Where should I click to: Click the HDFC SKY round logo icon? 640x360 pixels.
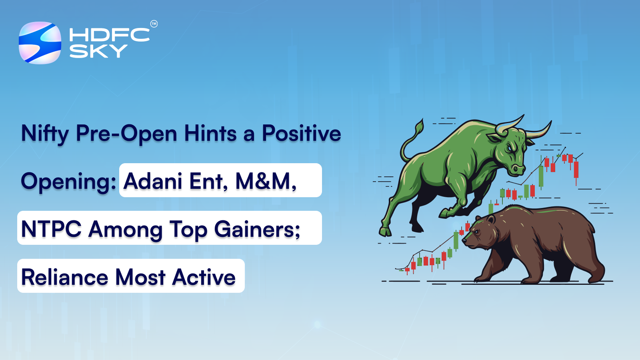click(40, 43)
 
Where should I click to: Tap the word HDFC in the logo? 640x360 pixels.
click(109, 35)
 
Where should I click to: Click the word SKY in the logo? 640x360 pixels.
click(98, 51)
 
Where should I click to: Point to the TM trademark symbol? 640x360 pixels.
click(154, 24)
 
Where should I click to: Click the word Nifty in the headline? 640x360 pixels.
click(45, 134)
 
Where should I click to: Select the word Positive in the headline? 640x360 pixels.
click(301, 133)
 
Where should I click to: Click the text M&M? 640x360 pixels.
click(266, 181)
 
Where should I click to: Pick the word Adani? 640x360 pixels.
click(153, 181)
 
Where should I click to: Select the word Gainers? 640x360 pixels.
click(257, 229)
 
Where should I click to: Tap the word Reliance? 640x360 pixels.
click(64, 277)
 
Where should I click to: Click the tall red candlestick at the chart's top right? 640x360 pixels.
click(576, 170)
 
